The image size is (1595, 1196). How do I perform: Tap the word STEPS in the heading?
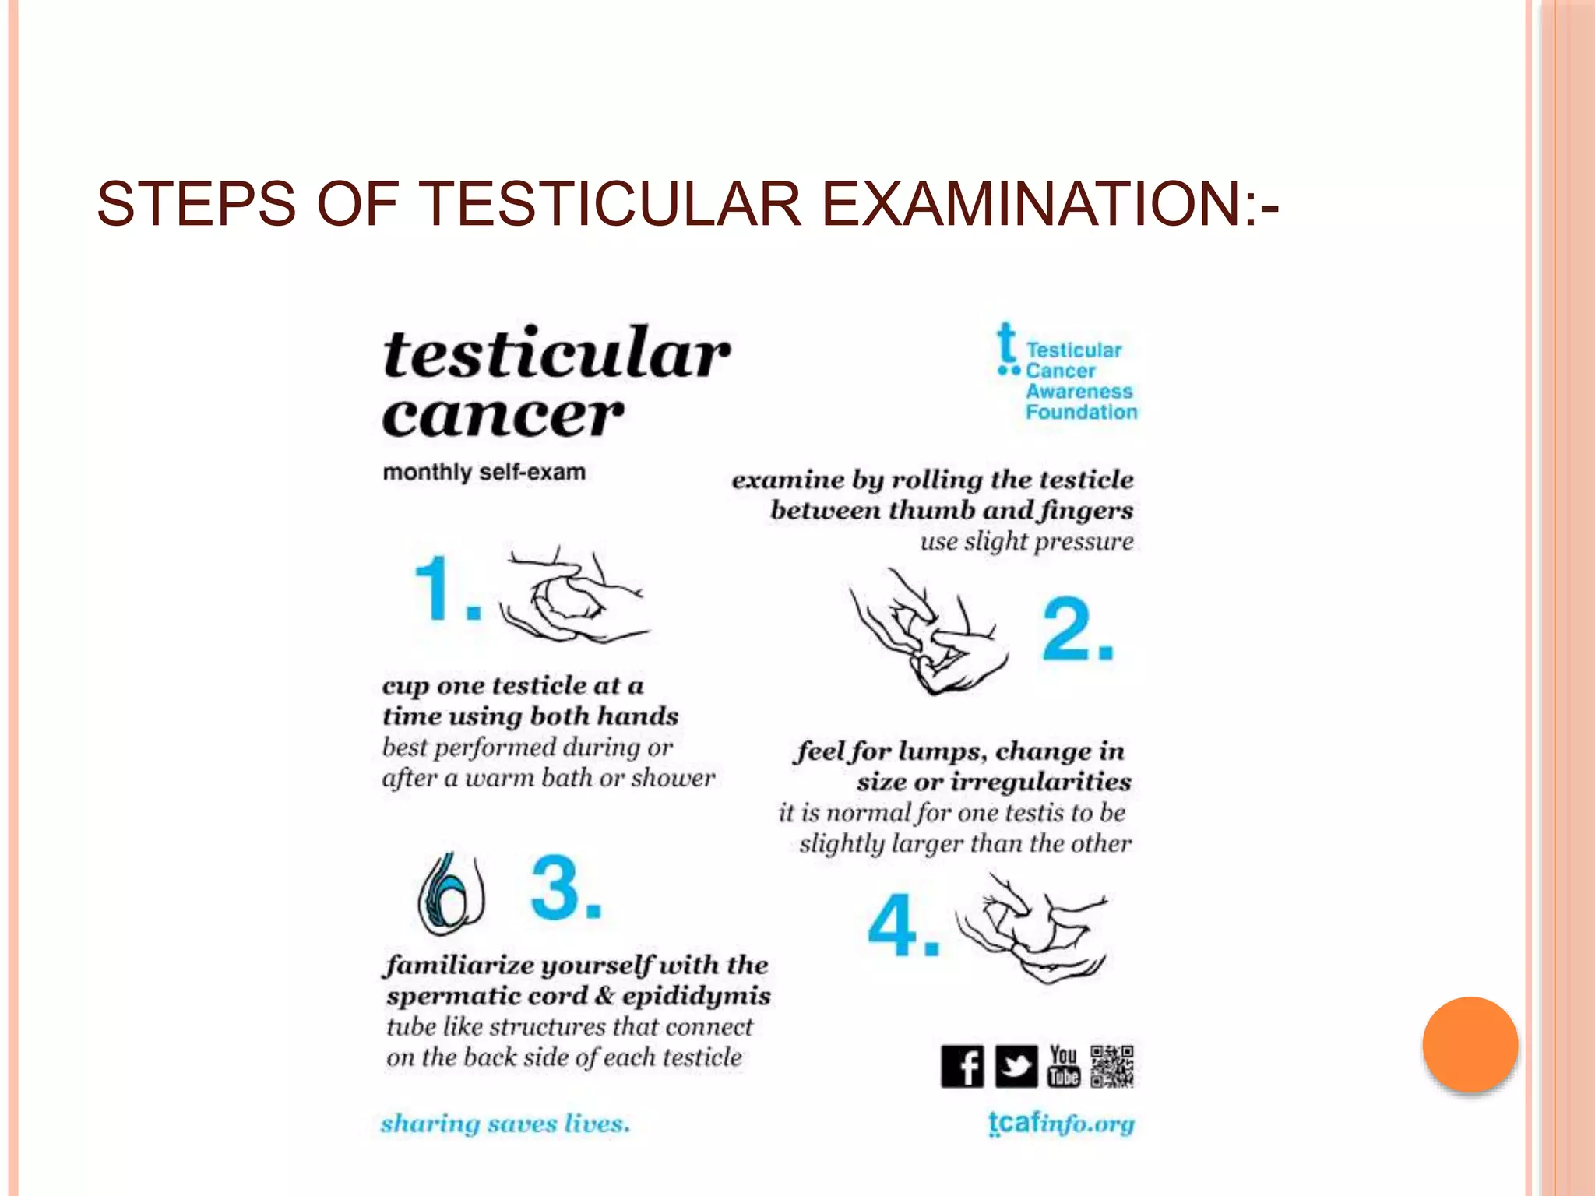[195, 204]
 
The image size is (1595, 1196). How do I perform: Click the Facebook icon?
[962, 1066]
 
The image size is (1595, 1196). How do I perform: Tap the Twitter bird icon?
[1016, 1066]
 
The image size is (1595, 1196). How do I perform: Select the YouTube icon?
[1064, 1066]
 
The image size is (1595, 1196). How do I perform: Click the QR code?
[1112, 1066]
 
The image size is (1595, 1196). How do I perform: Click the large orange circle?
[1470, 1044]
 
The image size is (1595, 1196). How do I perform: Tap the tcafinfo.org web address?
[1061, 1124]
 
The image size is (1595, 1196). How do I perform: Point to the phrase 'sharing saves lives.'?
[505, 1124]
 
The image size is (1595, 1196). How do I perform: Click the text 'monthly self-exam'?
[484, 472]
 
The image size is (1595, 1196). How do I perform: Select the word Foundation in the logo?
[1081, 412]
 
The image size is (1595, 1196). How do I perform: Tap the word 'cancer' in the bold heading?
[503, 415]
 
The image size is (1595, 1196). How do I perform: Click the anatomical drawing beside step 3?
[451, 894]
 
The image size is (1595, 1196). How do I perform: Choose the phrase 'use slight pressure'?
[1026, 541]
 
